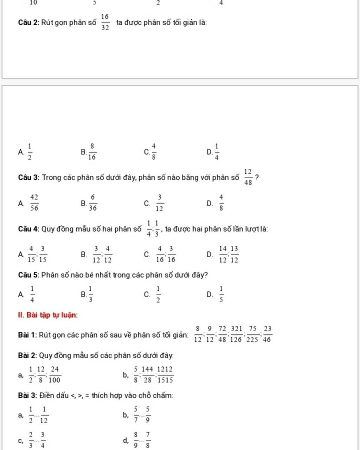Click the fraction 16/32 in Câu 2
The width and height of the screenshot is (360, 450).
coord(105,22)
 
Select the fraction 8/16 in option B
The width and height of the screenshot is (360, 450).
coord(92,152)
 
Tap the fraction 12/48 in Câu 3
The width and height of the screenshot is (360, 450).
coord(248,177)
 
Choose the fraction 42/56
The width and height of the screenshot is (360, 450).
coord(34,203)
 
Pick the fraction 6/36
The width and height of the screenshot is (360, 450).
coord(93,203)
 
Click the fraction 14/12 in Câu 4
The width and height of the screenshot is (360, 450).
coord(223,255)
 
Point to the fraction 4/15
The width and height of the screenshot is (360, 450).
coord(32,255)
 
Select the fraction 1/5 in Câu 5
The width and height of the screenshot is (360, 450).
coord(221,294)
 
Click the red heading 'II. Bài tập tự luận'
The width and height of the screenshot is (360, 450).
coord(48,315)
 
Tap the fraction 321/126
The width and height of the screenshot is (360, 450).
coord(237,334)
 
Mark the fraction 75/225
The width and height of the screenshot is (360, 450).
coord(252,334)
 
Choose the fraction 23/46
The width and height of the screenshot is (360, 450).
coord(267,334)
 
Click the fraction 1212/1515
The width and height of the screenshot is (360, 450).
coord(165,374)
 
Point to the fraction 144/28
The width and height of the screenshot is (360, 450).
coord(147,374)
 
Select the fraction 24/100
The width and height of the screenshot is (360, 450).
coord(54,374)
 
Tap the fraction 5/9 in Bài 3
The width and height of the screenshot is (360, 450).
coord(148,415)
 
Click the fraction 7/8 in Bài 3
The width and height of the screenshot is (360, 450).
coord(148,441)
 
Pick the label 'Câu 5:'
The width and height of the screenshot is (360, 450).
coord(29,275)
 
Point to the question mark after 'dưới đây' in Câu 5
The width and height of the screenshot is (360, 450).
coord(206,275)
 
